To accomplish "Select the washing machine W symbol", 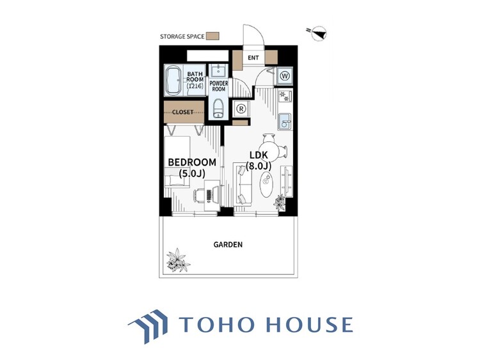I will pyautogui.click(x=285, y=76).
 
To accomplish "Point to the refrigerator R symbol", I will pyautogui.click(x=241, y=108).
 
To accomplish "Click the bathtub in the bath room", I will pyautogui.click(x=173, y=81).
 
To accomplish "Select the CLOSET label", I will pyautogui.click(x=183, y=113).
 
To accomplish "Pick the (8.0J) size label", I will pyautogui.click(x=259, y=166).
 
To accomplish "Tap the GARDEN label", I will pyautogui.click(x=228, y=244).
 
